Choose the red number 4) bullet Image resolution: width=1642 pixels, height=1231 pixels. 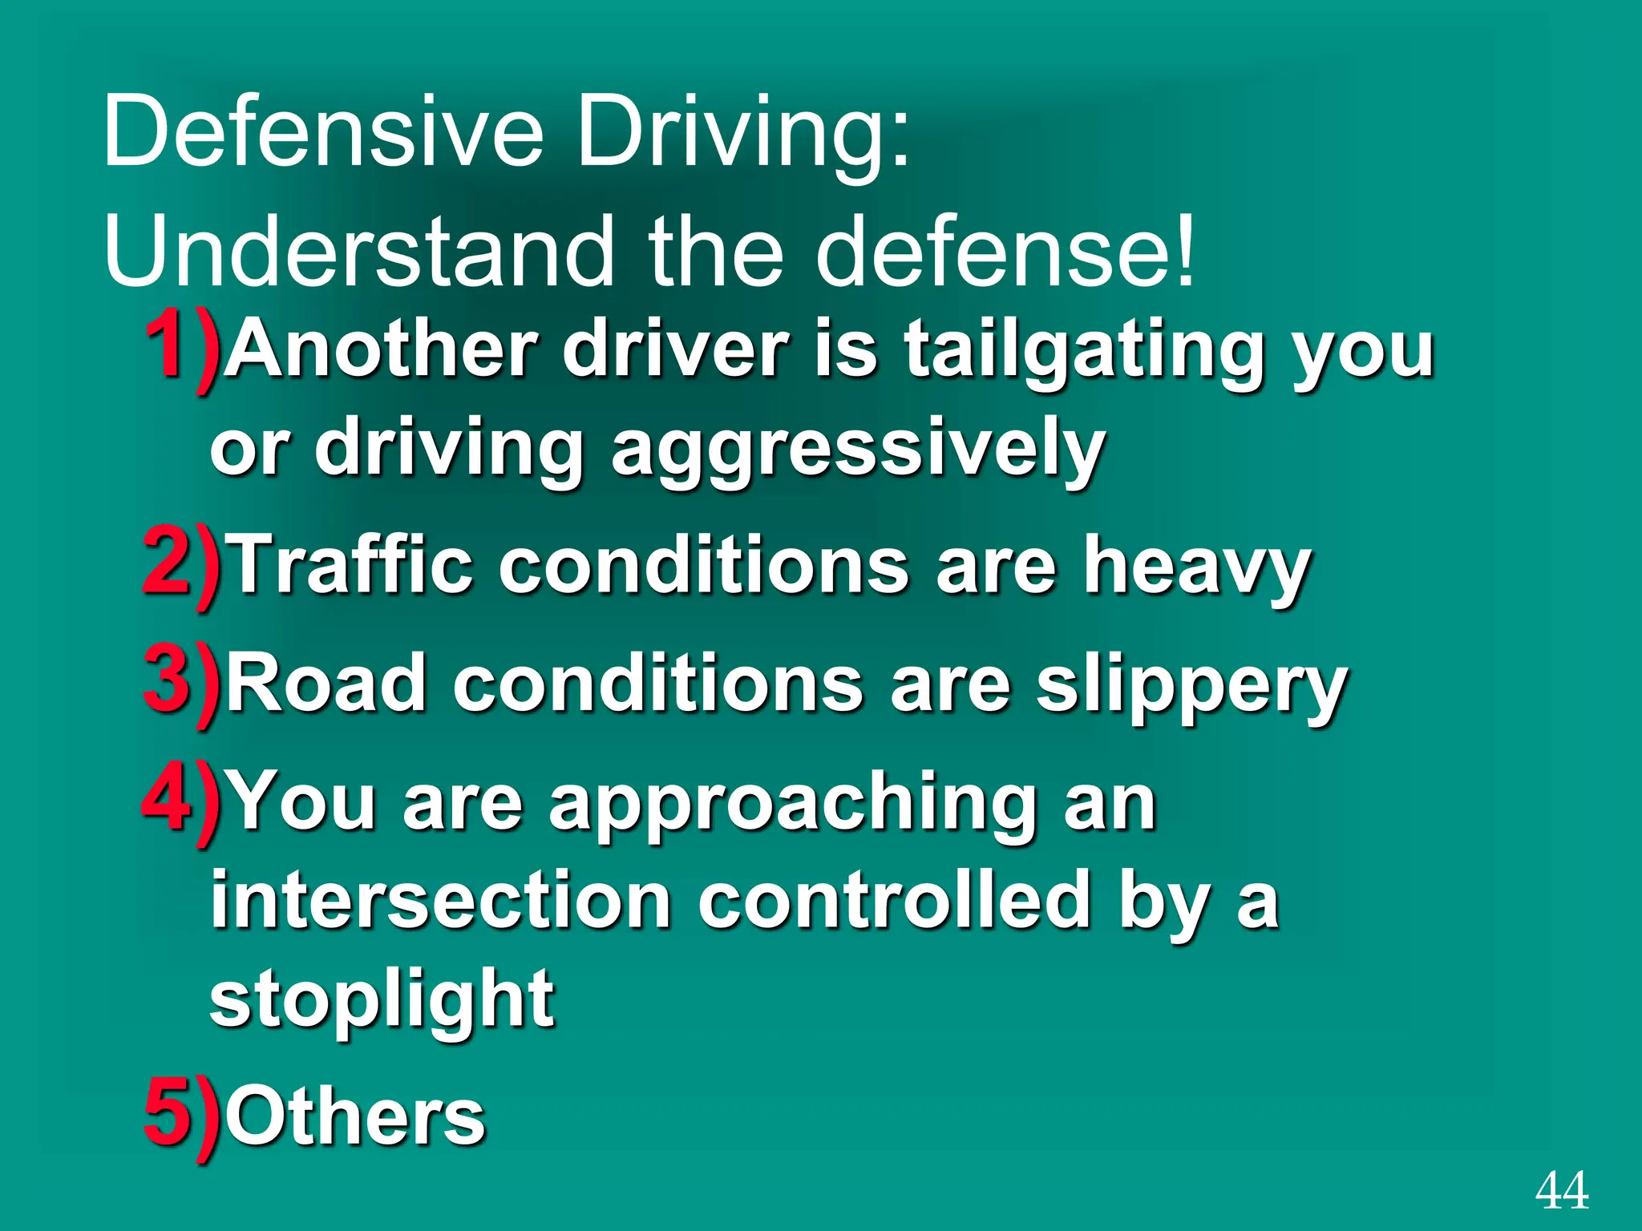tap(181, 801)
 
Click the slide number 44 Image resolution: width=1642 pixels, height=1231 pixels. tap(1562, 1191)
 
